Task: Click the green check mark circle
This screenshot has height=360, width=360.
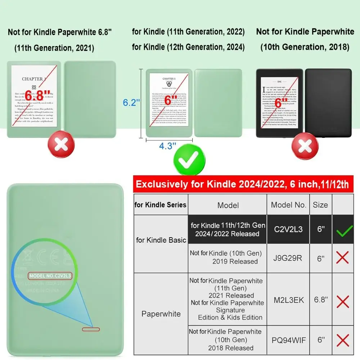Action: [189, 160]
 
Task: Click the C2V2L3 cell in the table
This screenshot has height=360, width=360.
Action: [288, 229]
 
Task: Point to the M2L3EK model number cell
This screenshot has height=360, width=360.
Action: [288, 300]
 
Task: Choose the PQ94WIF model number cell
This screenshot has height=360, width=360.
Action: [288, 339]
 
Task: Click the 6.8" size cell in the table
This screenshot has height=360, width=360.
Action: [320, 300]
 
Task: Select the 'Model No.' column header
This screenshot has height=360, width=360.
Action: [288, 205]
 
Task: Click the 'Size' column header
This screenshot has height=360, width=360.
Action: [320, 205]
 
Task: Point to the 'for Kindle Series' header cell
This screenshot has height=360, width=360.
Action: [161, 205]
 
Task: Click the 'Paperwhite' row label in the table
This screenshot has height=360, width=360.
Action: [161, 314]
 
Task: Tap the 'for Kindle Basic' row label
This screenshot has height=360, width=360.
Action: [161, 240]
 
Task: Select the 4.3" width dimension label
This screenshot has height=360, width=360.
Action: [168, 146]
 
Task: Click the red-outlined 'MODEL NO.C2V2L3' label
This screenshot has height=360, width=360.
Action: [53, 276]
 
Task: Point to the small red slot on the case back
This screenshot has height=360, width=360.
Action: [91, 329]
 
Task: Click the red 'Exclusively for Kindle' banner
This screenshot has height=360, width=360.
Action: [242, 185]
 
